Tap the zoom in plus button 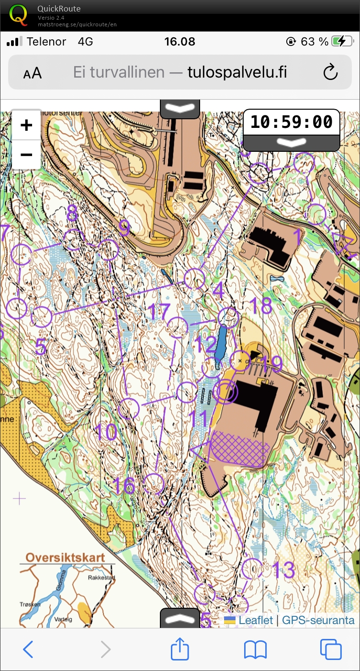(26, 125)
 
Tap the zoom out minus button (26, 155)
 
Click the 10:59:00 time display (291, 122)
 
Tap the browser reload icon (330, 72)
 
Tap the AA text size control (32, 73)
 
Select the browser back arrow (28, 649)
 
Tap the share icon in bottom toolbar (180, 649)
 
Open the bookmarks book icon (255, 649)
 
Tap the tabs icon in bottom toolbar (330, 649)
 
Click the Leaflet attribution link (255, 620)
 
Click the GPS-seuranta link (318, 620)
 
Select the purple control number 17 (158, 312)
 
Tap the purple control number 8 (72, 214)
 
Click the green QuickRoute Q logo (19, 14)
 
